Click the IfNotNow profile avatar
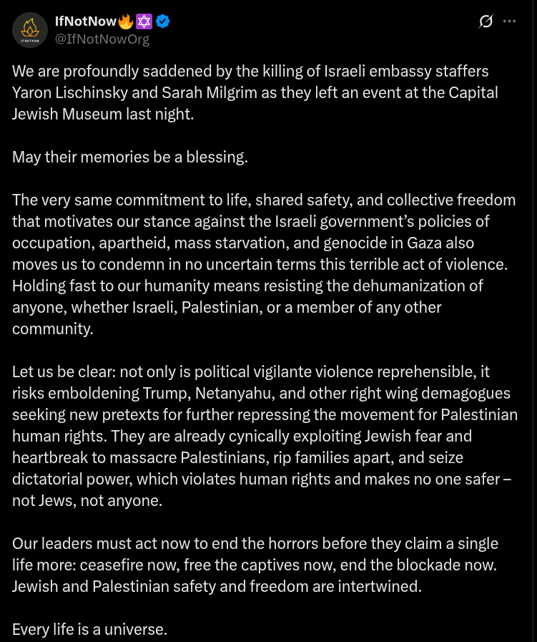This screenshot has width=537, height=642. tap(30, 30)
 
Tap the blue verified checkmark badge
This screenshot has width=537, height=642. tap(163, 21)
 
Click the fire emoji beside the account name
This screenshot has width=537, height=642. tap(126, 21)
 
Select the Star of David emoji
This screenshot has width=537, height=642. tap(144, 21)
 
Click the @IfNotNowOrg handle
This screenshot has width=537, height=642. tap(102, 39)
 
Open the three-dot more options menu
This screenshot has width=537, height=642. tap(509, 21)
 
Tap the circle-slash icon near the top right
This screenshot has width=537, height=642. tap(486, 21)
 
